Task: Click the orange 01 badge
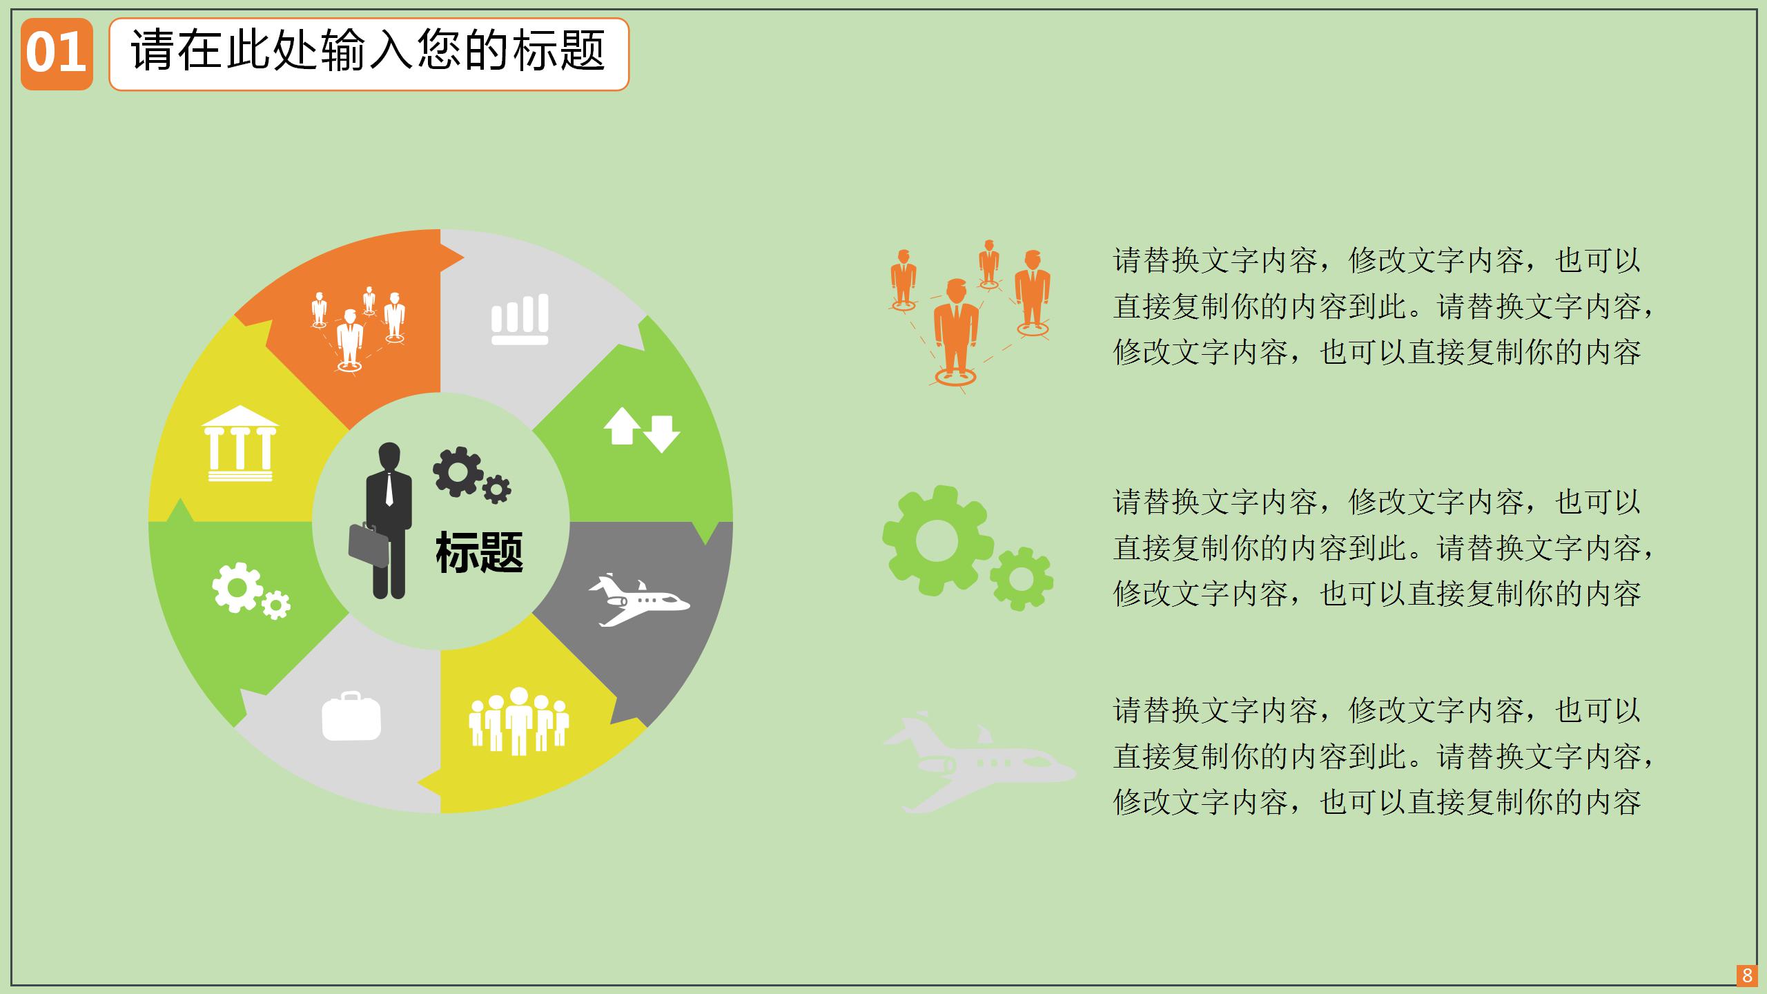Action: point(57,54)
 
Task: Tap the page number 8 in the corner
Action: point(1747,975)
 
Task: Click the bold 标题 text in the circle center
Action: point(479,552)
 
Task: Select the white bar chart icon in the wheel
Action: point(520,319)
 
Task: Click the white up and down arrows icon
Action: point(641,429)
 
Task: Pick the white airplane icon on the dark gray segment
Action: point(638,601)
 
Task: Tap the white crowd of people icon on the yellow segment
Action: point(518,721)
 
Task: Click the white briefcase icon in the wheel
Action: point(351,717)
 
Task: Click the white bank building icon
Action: point(240,443)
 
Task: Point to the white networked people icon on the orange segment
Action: point(358,329)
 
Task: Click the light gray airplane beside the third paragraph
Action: point(977,762)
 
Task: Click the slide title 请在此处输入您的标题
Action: point(369,52)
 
